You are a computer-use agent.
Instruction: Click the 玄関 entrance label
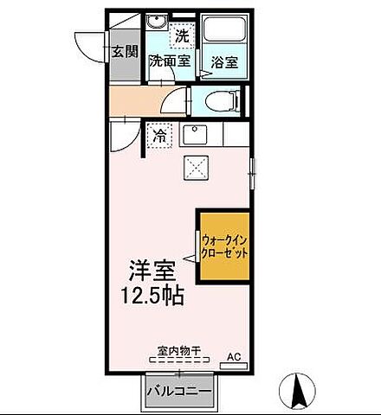124,51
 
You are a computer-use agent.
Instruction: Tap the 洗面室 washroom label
170,61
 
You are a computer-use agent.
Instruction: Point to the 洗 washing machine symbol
181,36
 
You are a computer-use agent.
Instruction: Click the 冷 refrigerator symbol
159,135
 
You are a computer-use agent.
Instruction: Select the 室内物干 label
179,351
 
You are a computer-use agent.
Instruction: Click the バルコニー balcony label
179,392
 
